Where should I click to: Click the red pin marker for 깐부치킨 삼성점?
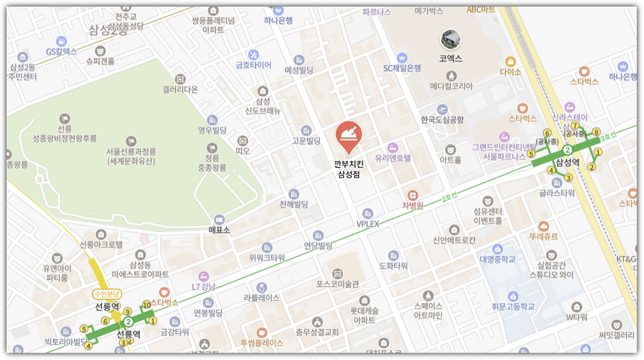coord(348,135)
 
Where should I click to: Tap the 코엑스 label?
coord(451,58)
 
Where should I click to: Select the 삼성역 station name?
coord(568,163)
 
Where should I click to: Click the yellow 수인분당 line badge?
coord(107,294)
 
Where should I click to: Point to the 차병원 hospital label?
coord(413,205)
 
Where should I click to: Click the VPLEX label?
coord(368,224)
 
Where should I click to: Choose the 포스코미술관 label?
coord(338,284)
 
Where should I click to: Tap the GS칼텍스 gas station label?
coord(61,52)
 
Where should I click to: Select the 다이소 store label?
coord(511,73)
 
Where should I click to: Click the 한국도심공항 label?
coord(442,120)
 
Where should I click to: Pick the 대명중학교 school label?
coord(498,260)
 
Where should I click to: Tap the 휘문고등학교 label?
coord(513,306)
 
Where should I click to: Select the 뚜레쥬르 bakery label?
coord(543,236)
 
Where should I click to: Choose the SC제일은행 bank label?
coord(402,68)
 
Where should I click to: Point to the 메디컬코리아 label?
coord(451,86)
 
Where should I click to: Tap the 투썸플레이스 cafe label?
coord(261,343)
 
